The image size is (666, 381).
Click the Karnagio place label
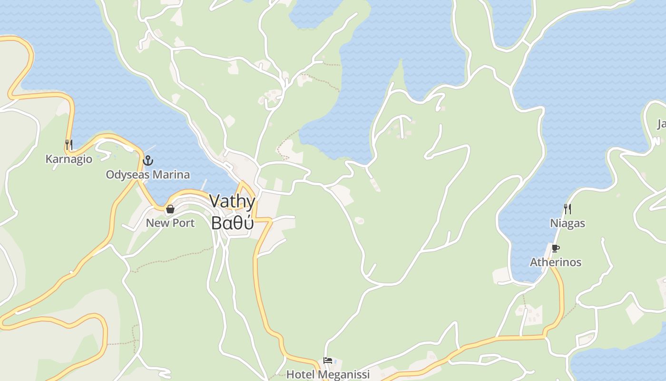tap(69, 159)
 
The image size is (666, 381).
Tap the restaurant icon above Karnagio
tap(69, 144)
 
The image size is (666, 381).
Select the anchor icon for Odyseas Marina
tap(148, 160)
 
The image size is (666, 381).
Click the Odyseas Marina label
tap(147, 175)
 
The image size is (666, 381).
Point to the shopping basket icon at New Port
tap(170, 209)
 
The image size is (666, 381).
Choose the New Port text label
tap(170, 223)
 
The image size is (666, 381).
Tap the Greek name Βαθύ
tap(232, 222)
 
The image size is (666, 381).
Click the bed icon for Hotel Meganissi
tap(328, 361)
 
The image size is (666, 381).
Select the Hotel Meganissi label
tap(328, 374)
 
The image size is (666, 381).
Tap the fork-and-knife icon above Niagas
tap(567, 209)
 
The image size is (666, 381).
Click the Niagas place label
tap(567, 223)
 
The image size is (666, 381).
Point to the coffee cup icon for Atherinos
tap(555, 248)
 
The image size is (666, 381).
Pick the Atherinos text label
tap(555, 262)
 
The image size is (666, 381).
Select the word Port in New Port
tap(183, 223)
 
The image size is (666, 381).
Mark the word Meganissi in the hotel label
tap(343, 374)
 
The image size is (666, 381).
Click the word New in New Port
tap(157, 223)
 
